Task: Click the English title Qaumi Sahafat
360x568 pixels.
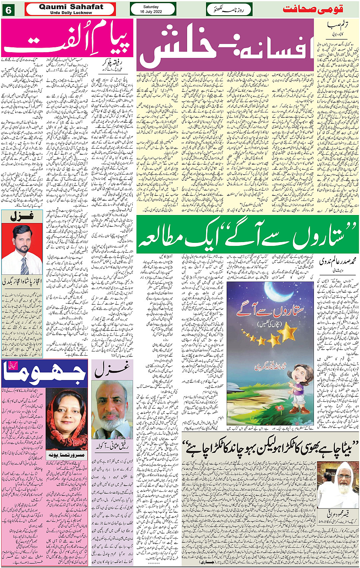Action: pyautogui.click(x=71, y=7)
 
